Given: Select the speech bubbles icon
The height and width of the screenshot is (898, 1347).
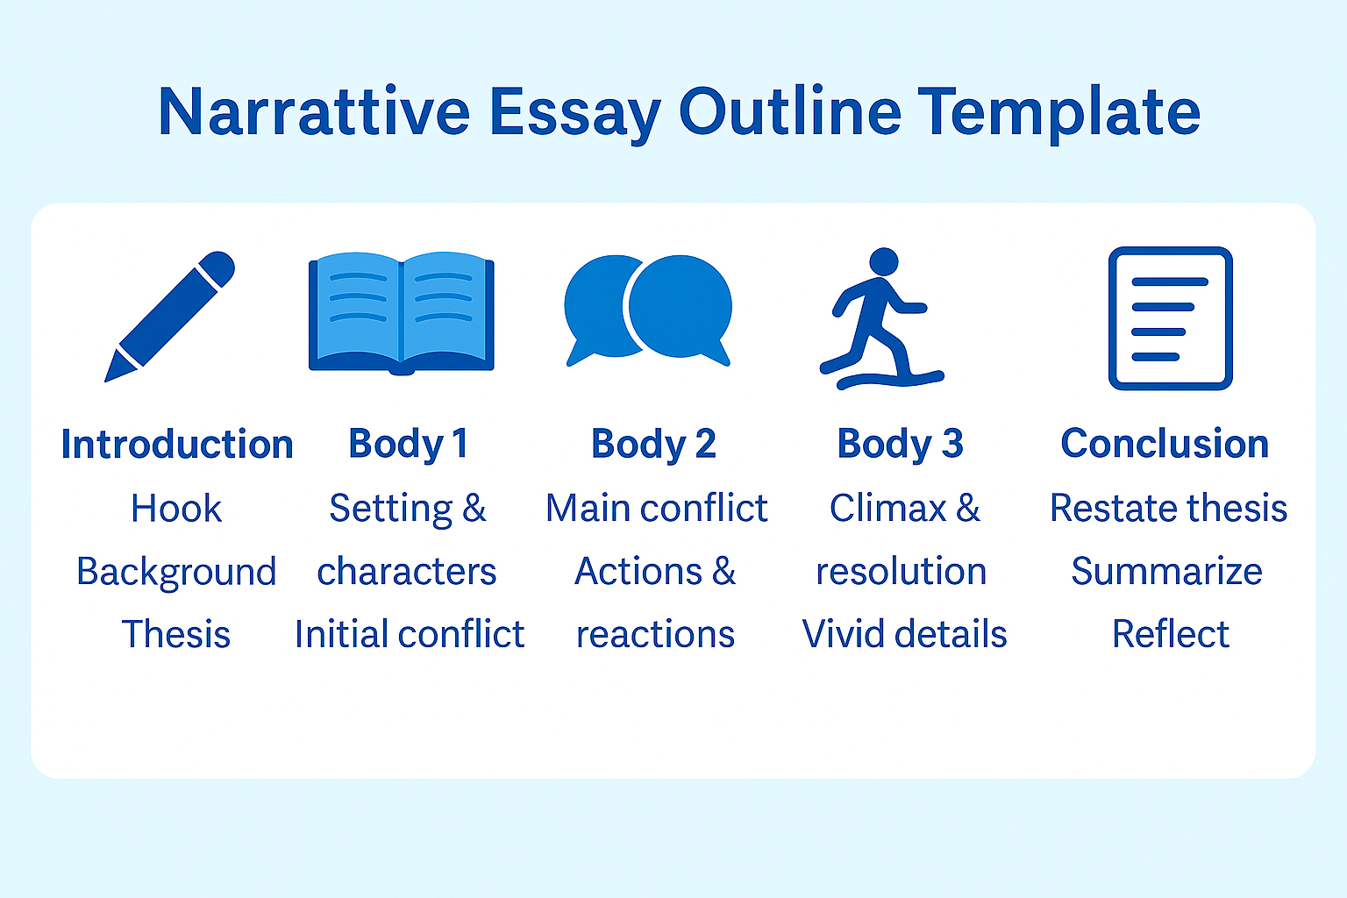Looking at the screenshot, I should click(647, 309).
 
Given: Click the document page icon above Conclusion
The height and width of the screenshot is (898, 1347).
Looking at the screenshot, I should click(1170, 317).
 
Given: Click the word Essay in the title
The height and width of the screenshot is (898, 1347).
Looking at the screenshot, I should click(574, 112).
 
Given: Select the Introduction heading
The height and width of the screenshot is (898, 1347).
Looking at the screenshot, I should click(176, 445).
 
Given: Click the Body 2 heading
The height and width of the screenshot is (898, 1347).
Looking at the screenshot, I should click(653, 444).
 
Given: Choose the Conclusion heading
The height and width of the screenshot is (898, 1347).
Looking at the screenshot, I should click(1165, 444).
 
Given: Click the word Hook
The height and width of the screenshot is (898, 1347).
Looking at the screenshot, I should click(176, 509).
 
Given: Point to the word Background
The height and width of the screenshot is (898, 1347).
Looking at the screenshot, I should click(176, 572).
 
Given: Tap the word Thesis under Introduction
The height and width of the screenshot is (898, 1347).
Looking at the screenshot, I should click(176, 634).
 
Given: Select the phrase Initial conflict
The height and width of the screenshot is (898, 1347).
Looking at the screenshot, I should click(409, 634).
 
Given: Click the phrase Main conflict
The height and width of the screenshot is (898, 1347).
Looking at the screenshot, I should click(656, 509).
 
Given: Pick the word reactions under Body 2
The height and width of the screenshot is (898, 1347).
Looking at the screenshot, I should click(655, 634).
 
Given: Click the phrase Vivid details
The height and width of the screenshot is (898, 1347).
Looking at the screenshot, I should click(904, 634).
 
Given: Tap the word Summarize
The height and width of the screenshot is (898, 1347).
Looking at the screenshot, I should click(1166, 572).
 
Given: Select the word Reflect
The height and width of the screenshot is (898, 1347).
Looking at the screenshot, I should click(1170, 634).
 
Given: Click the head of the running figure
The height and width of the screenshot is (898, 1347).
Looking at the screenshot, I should click(883, 261).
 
